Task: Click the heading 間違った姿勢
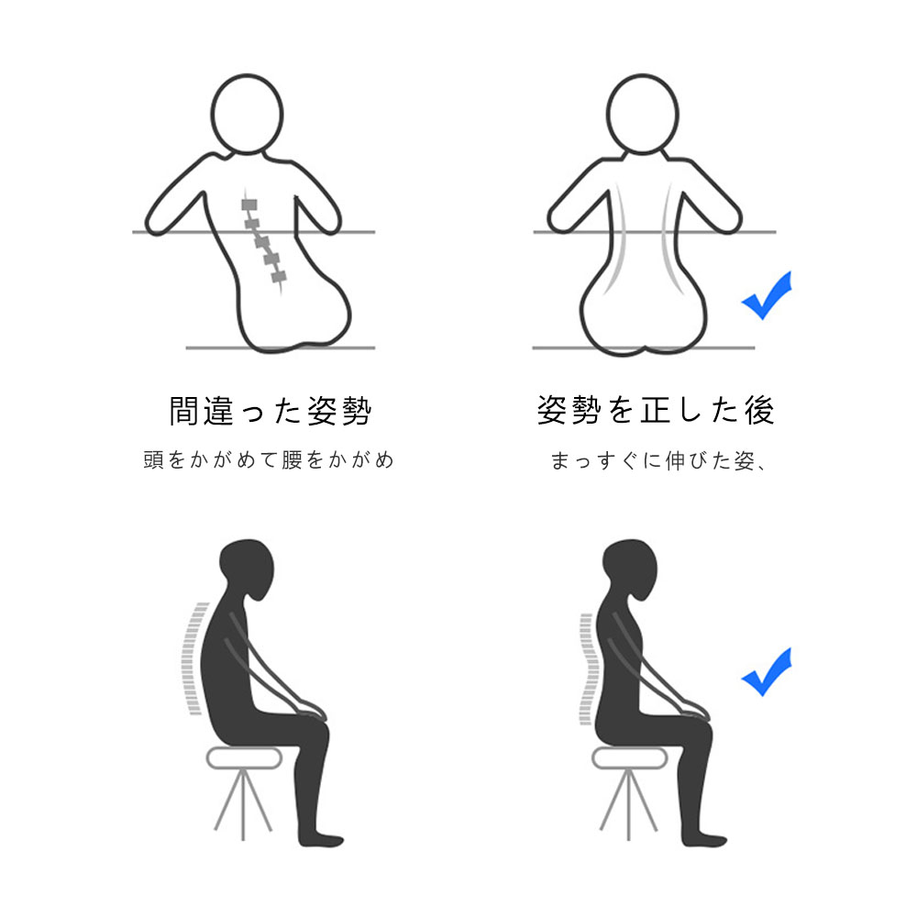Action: (x=271, y=411)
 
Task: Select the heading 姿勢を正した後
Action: (x=656, y=409)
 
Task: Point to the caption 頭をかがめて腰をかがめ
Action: (x=269, y=459)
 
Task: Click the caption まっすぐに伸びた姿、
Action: (x=657, y=461)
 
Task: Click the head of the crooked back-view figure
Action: (x=247, y=114)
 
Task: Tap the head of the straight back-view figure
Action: (x=642, y=114)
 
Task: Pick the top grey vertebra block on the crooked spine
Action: (x=249, y=204)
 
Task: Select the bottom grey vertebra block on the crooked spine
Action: (x=279, y=277)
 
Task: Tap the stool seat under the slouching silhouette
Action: (x=245, y=758)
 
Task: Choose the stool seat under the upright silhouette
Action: (x=629, y=758)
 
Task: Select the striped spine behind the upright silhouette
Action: (x=587, y=669)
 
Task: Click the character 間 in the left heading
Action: (x=183, y=411)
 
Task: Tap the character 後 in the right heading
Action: (x=759, y=409)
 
